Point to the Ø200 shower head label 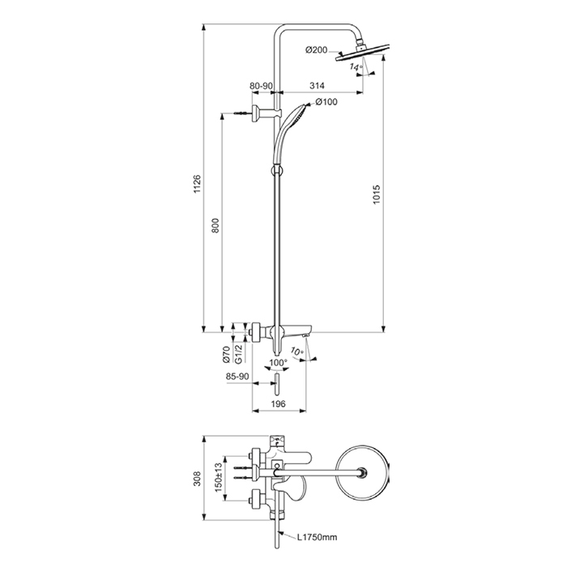[317, 50]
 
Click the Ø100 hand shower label [326, 101]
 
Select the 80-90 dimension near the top [262, 83]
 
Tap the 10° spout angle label [297, 352]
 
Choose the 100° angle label [277, 364]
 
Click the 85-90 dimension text [238, 377]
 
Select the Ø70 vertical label [228, 354]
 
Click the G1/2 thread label [240, 354]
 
